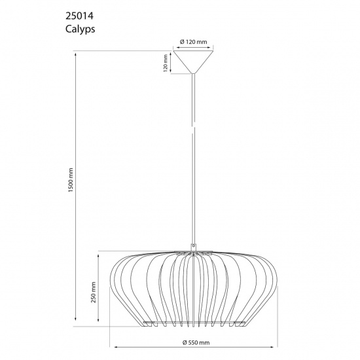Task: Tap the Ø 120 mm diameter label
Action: (x=193, y=42)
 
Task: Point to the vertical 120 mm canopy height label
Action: (x=166, y=63)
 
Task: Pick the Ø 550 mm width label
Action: (x=194, y=342)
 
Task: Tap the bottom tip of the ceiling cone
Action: (x=193, y=73)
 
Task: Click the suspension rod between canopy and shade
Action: (x=193, y=157)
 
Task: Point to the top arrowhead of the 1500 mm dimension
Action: (x=77, y=54)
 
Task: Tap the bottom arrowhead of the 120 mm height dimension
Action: (x=171, y=73)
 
